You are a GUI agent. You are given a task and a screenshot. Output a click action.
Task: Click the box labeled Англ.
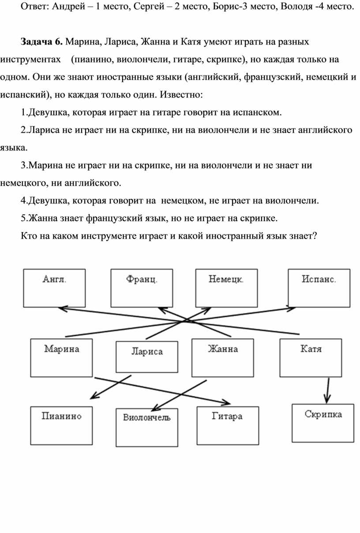(54, 288)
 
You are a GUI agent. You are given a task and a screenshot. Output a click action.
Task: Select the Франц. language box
(142, 288)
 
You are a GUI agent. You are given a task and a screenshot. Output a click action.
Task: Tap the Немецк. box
(226, 288)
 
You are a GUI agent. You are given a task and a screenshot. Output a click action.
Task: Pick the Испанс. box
(319, 288)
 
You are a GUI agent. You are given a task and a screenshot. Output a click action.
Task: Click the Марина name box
(61, 358)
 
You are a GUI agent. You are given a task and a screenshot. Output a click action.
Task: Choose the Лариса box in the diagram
(147, 357)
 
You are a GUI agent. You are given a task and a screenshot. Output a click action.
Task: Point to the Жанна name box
(222, 358)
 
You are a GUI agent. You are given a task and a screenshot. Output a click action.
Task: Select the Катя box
(311, 358)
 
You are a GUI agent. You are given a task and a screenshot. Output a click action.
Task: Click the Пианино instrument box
(61, 425)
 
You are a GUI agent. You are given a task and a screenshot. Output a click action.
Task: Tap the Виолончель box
(147, 428)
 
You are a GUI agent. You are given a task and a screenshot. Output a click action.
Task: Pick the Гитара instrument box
(228, 425)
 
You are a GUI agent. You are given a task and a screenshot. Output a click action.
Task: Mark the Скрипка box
(323, 423)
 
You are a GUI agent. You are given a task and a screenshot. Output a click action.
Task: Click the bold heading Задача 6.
(41, 42)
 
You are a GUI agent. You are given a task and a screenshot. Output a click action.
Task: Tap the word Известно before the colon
(180, 95)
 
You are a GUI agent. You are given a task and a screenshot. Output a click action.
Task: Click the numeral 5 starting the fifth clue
(23, 218)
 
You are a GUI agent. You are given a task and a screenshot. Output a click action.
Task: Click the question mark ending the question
(315, 236)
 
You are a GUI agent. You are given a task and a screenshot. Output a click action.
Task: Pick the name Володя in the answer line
(296, 7)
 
